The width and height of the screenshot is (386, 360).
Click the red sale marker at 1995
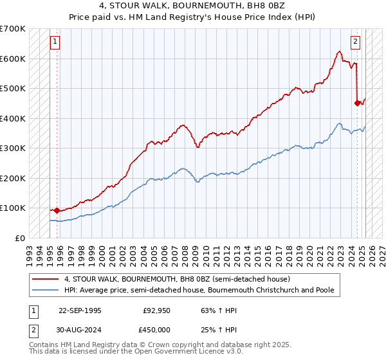pos(57,210)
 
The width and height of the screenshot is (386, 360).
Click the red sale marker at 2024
pos(357,102)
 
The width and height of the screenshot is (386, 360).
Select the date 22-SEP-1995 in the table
pos(80,310)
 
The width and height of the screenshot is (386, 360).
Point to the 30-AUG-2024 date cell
pos(80,330)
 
